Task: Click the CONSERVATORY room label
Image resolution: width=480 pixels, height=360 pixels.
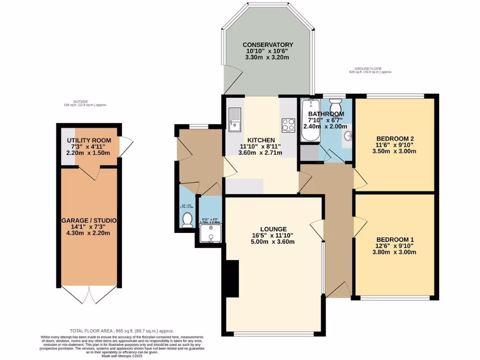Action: (268, 45)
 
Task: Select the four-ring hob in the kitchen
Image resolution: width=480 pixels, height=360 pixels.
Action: (288, 125)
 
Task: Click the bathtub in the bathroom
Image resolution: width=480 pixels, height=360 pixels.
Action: (309, 120)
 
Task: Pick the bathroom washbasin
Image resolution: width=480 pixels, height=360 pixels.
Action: (347, 136)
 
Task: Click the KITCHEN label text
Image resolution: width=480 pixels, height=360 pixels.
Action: (261, 140)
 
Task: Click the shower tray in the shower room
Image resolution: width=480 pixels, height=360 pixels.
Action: (210, 233)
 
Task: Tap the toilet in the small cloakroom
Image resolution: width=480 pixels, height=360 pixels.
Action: (187, 219)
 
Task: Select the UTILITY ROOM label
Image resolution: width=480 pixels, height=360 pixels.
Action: (89, 140)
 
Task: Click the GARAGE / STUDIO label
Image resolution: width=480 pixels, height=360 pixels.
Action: (89, 220)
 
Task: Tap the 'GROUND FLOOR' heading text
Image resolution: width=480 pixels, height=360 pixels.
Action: (370, 68)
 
